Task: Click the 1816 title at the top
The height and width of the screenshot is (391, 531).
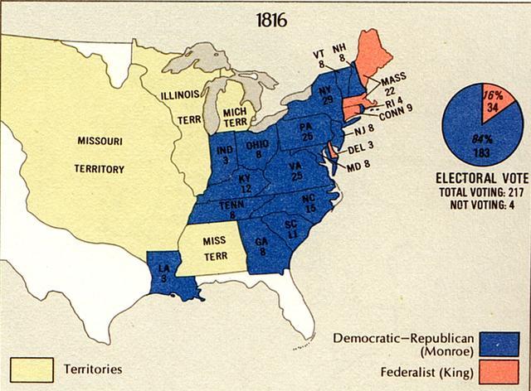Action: (x=271, y=19)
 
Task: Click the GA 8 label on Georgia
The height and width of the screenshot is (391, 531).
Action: (x=261, y=247)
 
